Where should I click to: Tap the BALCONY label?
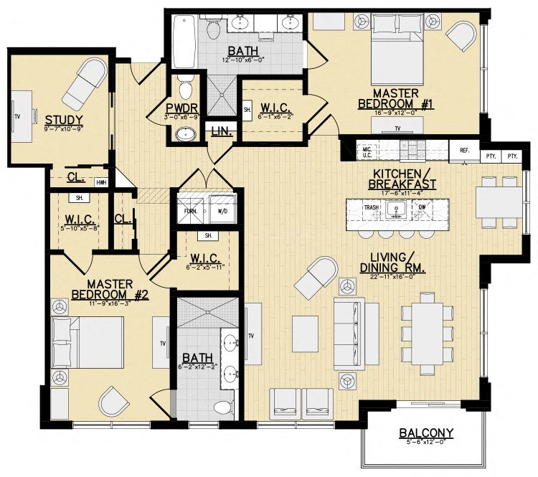pyautogui.click(x=427, y=433)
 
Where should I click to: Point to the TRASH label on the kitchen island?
pyautogui.click(x=371, y=207)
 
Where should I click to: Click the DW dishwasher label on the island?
pyautogui.click(x=422, y=207)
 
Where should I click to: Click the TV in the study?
pyautogui.click(x=17, y=115)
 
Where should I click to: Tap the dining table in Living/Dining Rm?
pyautogui.click(x=428, y=333)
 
